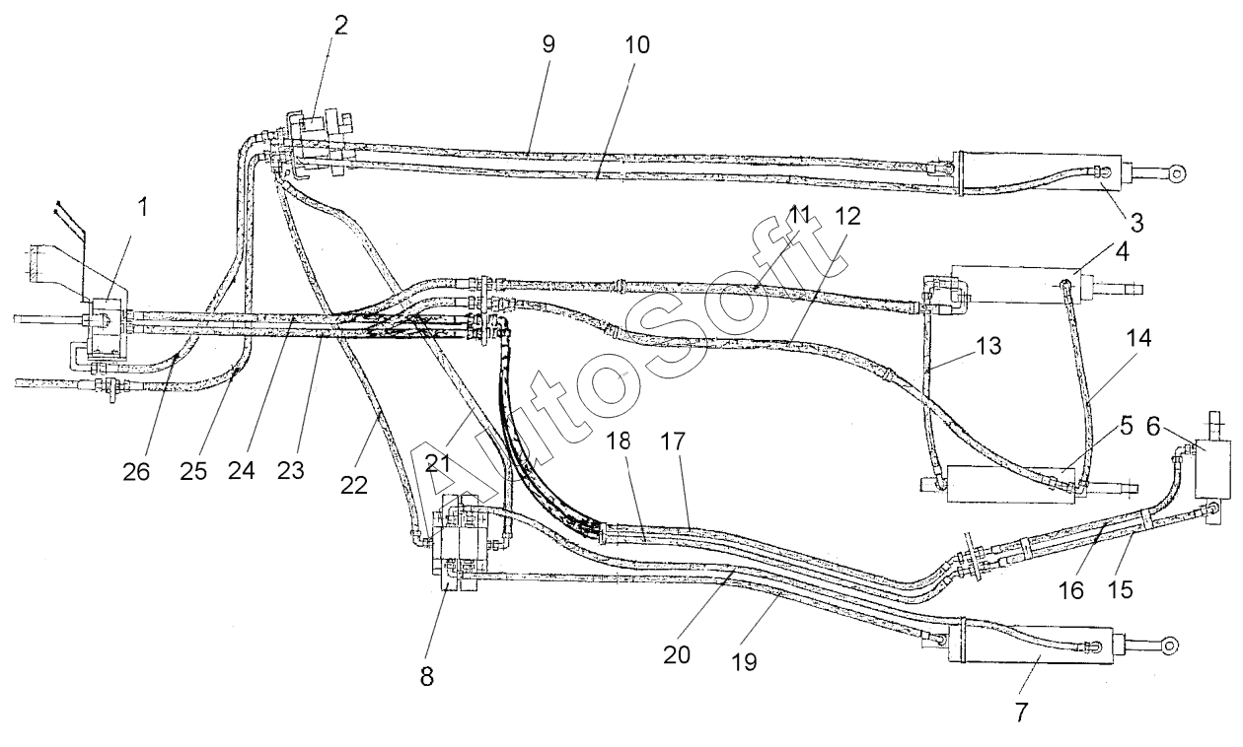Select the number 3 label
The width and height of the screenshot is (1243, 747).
[x=1136, y=223]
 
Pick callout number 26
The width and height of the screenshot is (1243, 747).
[x=136, y=471]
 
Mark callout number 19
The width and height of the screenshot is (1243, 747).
[x=745, y=661]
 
